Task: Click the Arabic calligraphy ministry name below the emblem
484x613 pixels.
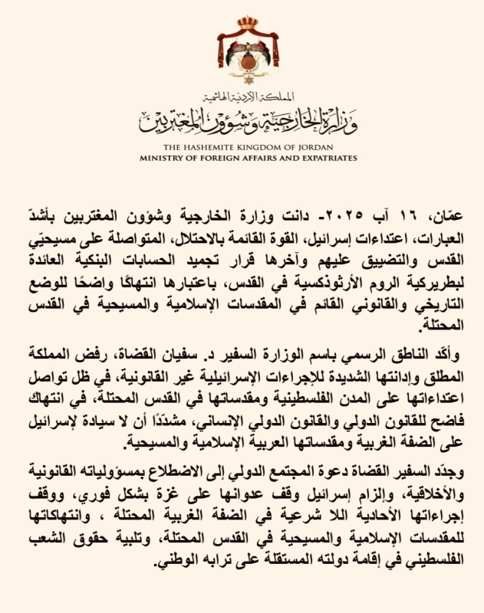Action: click(242, 117)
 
